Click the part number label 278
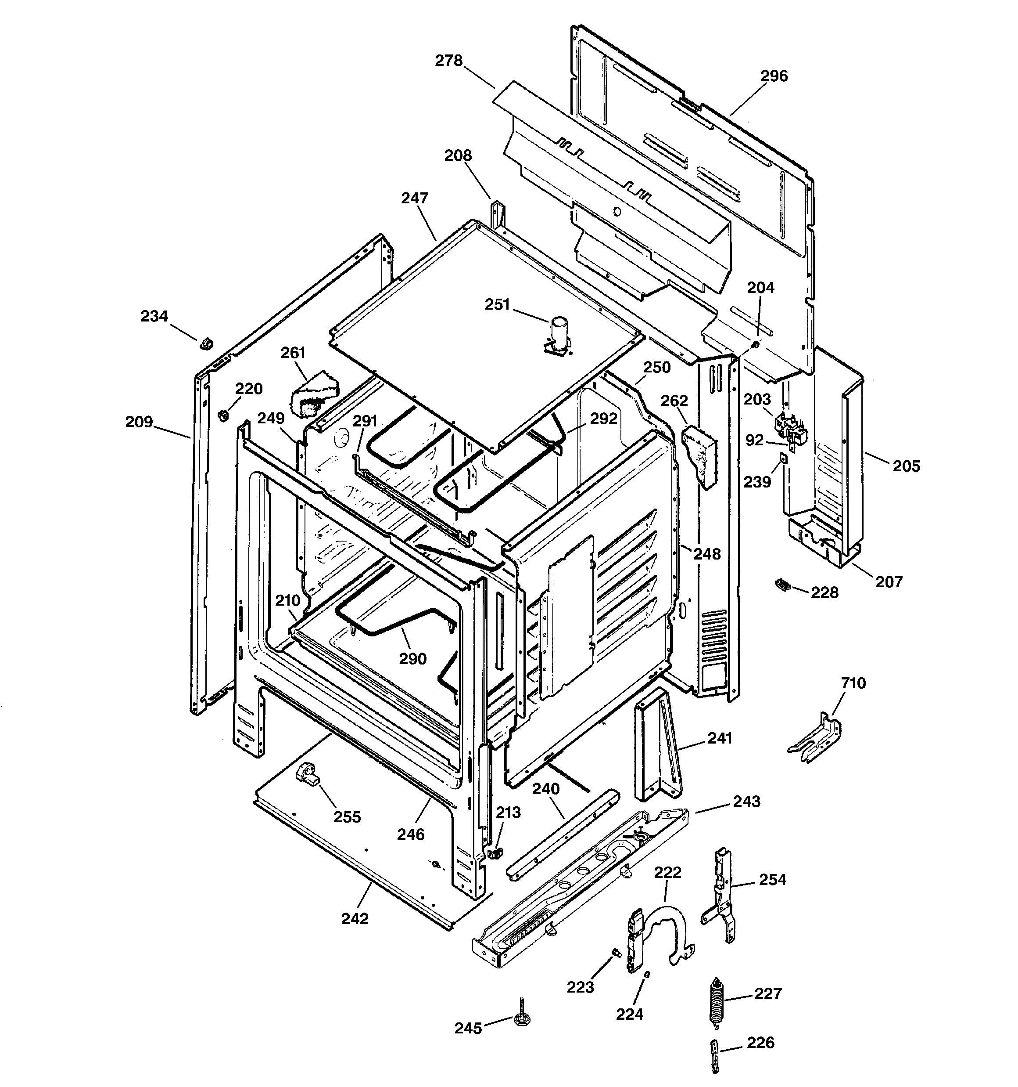(x=448, y=61)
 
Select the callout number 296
(x=774, y=76)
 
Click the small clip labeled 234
(x=206, y=344)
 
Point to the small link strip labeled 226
(x=715, y=1056)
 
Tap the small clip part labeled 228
(x=782, y=585)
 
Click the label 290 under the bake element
(x=412, y=659)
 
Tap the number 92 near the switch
(x=754, y=440)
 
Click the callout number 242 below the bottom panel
(x=355, y=919)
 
